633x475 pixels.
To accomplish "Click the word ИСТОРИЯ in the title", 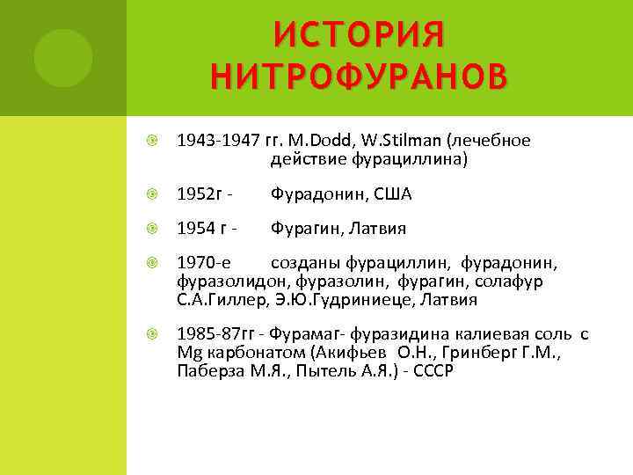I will (x=359, y=35).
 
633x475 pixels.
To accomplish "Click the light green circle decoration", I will (x=63, y=58).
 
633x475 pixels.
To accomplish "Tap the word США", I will (x=393, y=194).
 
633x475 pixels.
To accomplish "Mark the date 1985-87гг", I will (x=216, y=335).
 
